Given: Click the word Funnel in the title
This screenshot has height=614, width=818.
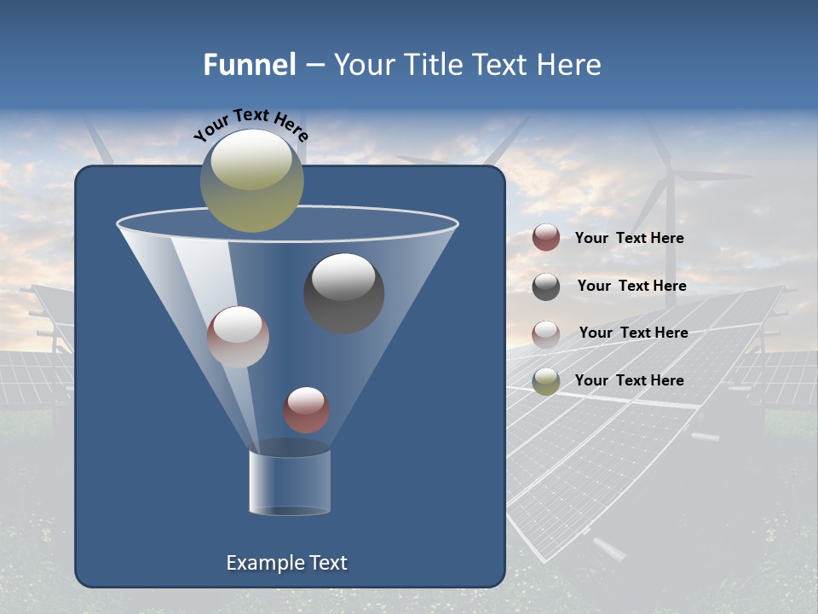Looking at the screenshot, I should [x=249, y=64].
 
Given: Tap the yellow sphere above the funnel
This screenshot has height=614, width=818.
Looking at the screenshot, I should [x=252, y=180].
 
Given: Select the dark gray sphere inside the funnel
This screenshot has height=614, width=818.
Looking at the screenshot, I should [x=344, y=293].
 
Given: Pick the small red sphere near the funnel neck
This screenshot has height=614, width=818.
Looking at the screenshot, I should [x=306, y=410].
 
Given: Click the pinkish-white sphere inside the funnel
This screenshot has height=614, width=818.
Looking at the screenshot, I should [x=238, y=337].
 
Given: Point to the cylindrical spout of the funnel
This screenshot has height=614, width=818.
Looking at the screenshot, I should [x=290, y=482].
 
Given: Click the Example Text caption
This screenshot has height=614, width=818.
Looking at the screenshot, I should [x=286, y=563].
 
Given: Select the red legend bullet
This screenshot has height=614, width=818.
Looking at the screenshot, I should [x=546, y=238].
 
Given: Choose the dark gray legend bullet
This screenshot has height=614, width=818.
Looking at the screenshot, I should [x=546, y=287].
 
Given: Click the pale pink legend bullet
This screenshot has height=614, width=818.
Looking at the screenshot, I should [x=546, y=333].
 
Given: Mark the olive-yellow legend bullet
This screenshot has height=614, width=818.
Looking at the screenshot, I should [x=546, y=381].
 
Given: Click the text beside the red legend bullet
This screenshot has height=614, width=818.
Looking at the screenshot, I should [x=629, y=238].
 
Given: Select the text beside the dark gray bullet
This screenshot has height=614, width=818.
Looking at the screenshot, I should [x=631, y=286].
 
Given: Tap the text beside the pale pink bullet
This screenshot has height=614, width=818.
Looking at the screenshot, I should [x=633, y=333].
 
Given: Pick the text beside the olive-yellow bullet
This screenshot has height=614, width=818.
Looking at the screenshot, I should [x=629, y=380].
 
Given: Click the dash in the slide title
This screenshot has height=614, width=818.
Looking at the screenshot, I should [x=314, y=66].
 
